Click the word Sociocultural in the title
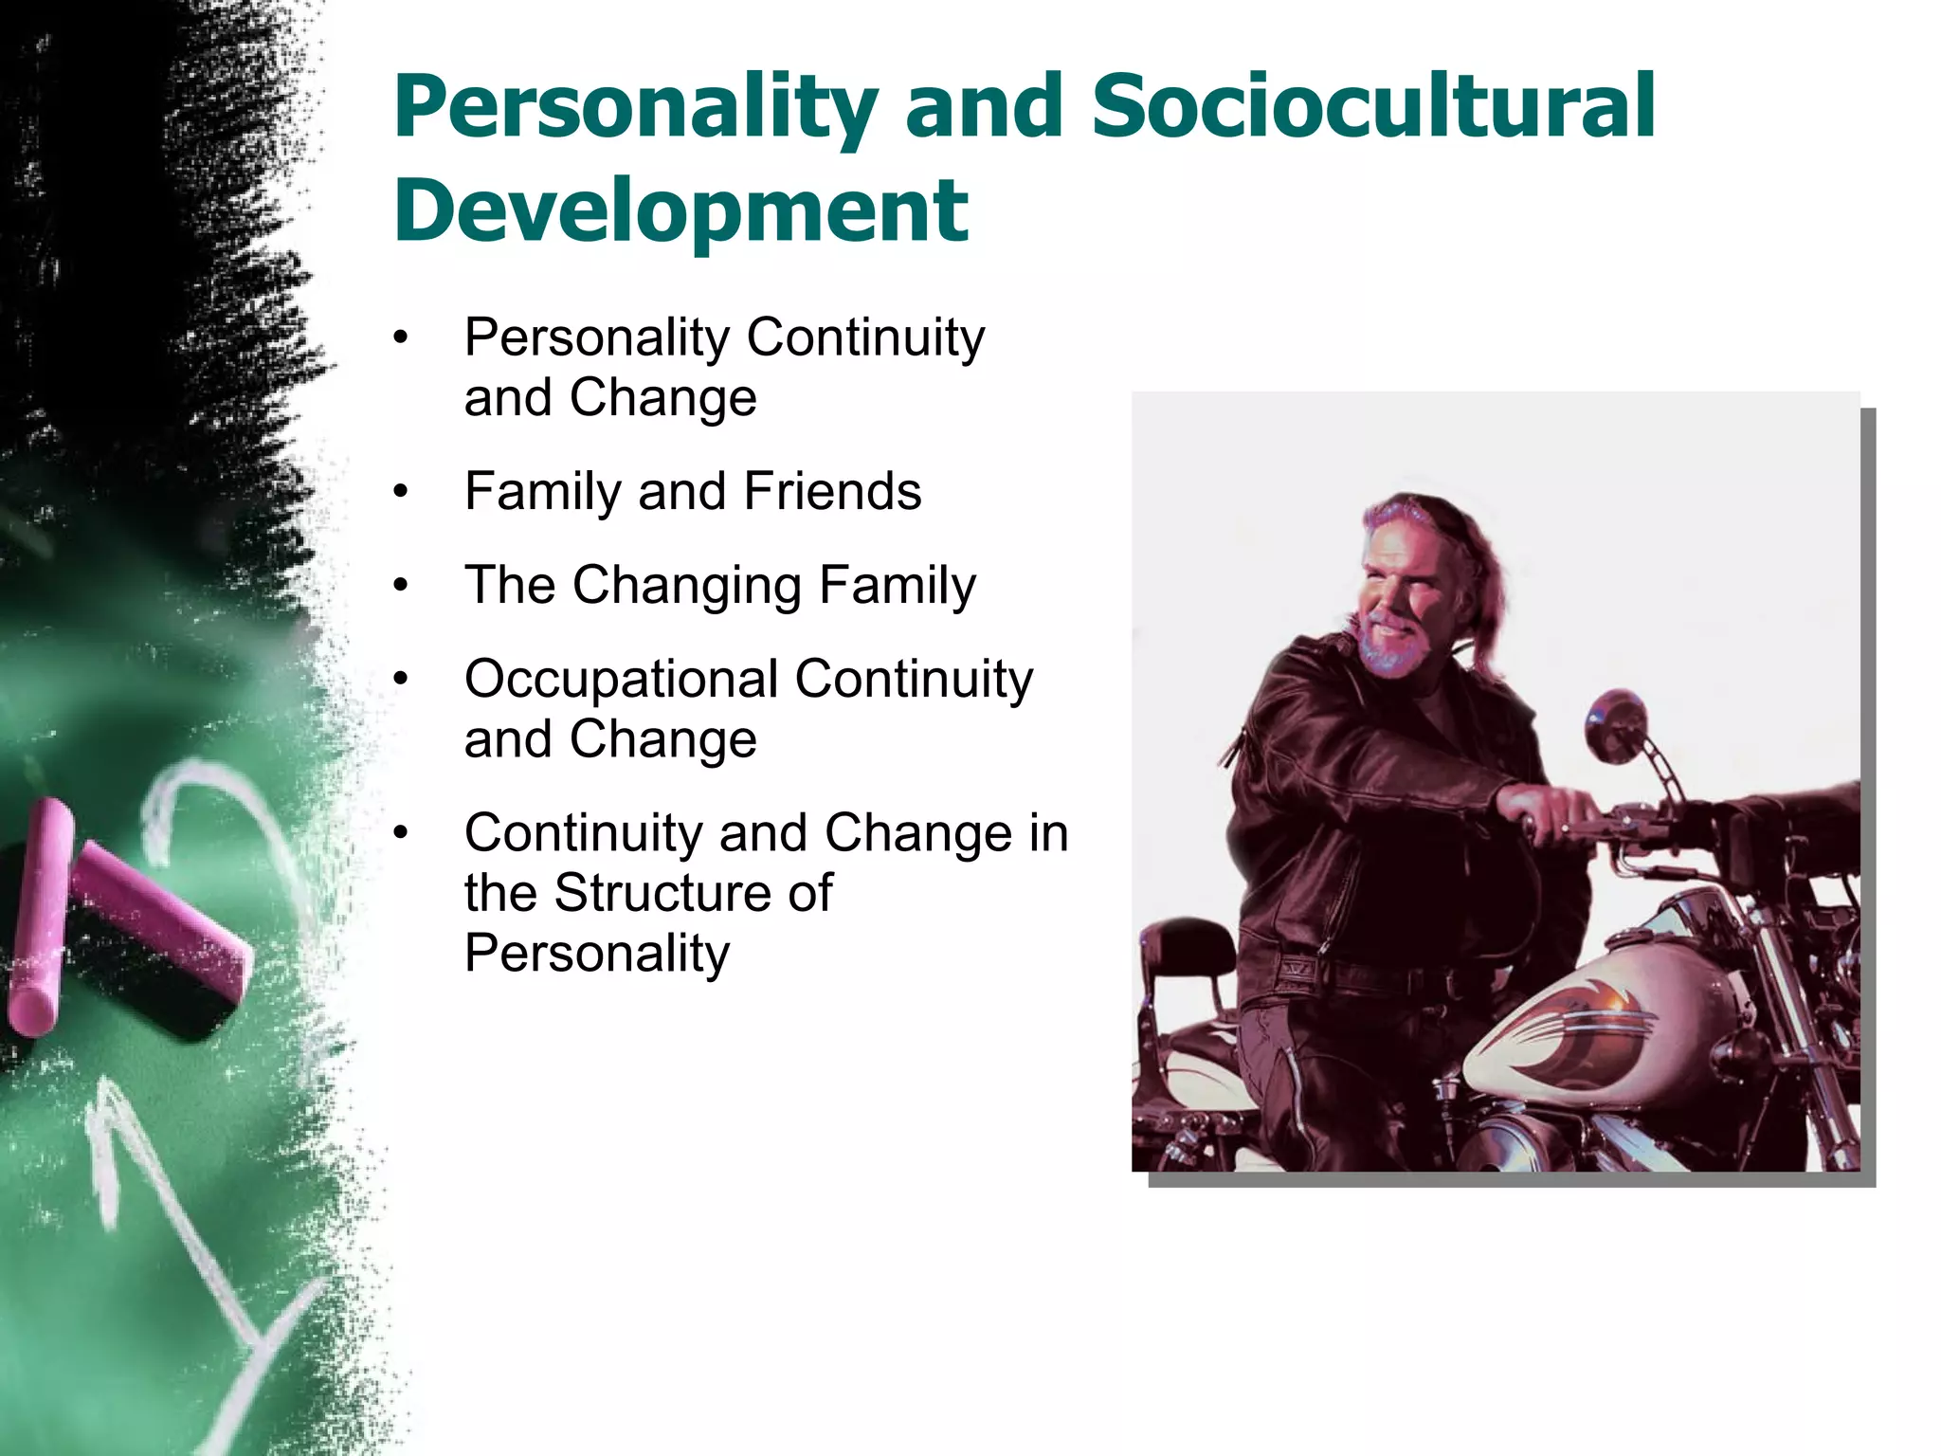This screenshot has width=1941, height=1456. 1372,106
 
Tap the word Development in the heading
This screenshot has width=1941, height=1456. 680,210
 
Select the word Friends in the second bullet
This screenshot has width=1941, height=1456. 831,491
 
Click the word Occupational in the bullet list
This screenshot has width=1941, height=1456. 622,680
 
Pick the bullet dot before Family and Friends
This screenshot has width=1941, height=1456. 402,493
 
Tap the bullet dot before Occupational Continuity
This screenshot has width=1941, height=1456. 402,680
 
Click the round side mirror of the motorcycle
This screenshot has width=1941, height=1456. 1617,725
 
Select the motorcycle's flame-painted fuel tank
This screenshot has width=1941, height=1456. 1602,1033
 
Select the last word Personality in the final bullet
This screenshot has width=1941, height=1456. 597,954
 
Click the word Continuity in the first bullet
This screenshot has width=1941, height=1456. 865,337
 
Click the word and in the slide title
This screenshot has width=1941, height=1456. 982,106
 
